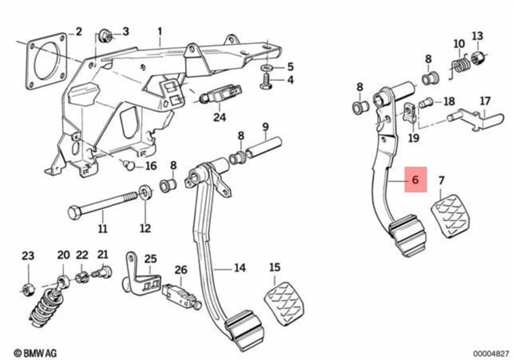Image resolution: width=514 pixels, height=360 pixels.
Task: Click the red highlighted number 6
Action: point(415,181)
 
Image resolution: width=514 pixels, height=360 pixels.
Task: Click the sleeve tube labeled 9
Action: point(263,147)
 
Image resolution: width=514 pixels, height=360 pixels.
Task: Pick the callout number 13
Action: point(477,36)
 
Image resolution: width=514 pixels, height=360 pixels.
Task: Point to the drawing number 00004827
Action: point(491,353)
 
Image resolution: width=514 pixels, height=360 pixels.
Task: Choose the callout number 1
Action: point(160,32)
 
